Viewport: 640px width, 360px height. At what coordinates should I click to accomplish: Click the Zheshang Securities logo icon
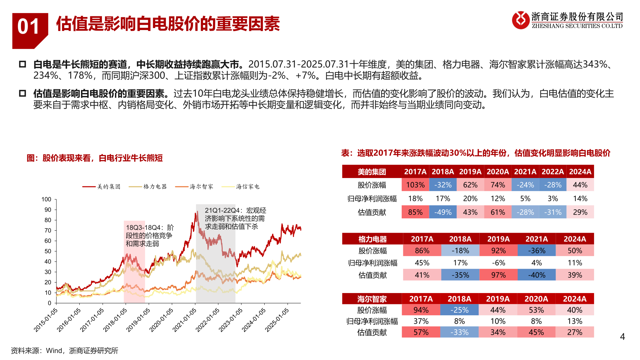pos(520,20)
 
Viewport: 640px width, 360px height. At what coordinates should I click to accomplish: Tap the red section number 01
pos(28,27)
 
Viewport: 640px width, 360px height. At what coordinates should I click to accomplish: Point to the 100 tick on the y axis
pos(46,199)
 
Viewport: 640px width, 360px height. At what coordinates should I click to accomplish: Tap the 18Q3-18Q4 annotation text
pos(150,236)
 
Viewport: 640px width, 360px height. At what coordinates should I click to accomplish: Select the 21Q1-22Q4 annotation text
pos(235,218)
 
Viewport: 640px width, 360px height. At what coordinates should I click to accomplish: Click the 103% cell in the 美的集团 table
pos(415,185)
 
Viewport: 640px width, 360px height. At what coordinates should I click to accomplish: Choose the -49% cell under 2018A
pos(443,212)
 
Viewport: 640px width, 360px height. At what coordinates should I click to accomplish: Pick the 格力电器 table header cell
pos(372,239)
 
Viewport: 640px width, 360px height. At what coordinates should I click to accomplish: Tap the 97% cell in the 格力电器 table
pos(498,275)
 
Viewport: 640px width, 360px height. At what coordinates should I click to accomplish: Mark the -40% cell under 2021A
pos(537,275)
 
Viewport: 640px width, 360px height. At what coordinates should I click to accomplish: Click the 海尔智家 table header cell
pos(372,299)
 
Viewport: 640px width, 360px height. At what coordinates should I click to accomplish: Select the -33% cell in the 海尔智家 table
pos(459,332)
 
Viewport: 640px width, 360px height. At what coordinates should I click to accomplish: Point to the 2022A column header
pos(553,172)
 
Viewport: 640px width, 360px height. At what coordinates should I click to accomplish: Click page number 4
pos(622,337)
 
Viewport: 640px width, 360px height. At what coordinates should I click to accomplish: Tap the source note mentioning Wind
pos(65,351)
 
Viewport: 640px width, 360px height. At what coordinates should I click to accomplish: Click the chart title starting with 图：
pos(95,158)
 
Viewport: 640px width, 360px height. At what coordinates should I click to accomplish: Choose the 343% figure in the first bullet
pos(595,64)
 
